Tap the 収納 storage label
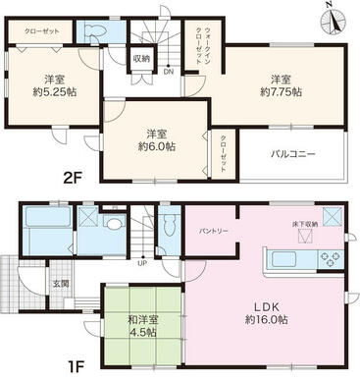pyautogui.click(x=142, y=59)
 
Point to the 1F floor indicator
pyautogui.click(x=21, y=362)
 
